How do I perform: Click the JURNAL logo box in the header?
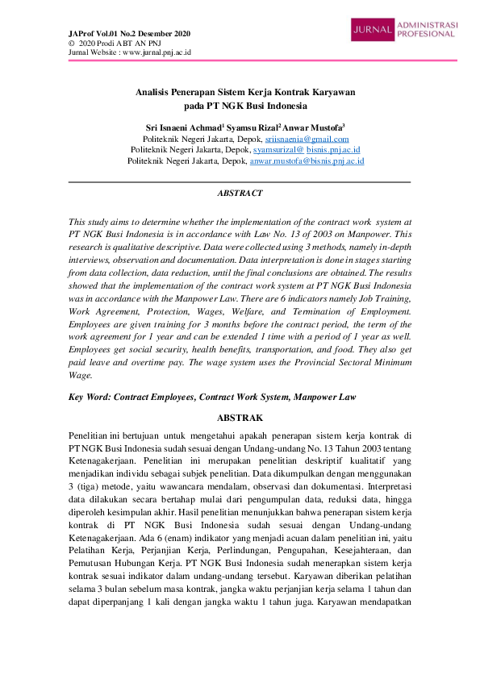(373, 31)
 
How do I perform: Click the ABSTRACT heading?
(240, 194)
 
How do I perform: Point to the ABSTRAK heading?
(240, 418)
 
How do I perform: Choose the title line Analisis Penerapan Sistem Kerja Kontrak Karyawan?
(240, 93)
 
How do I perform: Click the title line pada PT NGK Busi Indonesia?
(240, 106)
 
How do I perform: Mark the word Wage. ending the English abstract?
(81, 375)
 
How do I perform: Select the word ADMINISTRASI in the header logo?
(428, 25)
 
